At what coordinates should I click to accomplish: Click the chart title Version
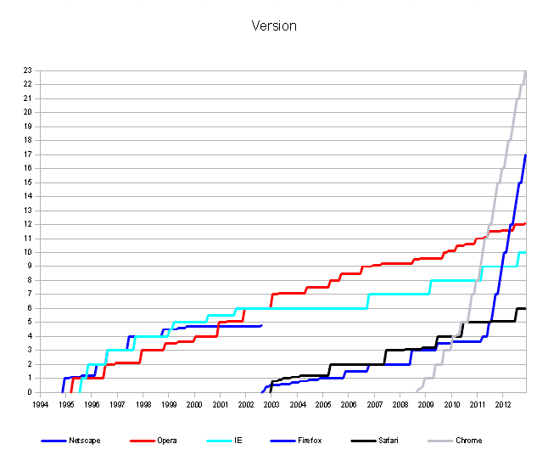pos(274,25)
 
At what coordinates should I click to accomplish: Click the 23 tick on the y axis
pos(28,70)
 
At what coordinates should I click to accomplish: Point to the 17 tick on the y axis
pos(28,154)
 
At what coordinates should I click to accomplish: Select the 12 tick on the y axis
pos(28,224)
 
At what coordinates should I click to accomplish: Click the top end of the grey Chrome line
pos(526,71)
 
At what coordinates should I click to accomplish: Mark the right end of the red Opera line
pos(526,223)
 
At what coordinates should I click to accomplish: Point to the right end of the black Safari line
pos(526,308)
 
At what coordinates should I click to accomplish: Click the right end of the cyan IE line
pos(526,252)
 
